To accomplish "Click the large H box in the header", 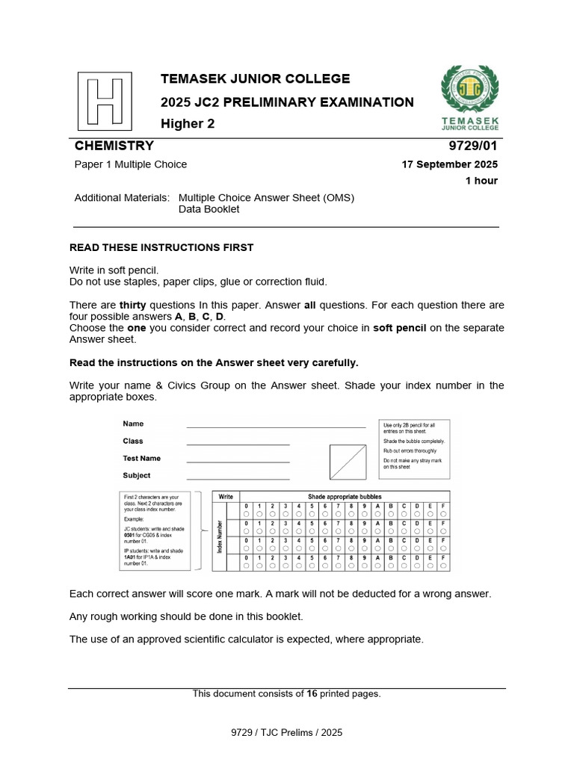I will [x=105, y=101].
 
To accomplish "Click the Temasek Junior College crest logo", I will [x=470, y=87].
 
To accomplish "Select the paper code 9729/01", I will [x=474, y=146].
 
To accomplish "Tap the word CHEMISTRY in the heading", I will [x=114, y=146].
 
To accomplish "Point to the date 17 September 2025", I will [x=450, y=164].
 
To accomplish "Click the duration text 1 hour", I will [x=481, y=181].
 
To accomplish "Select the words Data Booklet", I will [x=209, y=210].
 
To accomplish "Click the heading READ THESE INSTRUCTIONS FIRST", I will [x=161, y=247].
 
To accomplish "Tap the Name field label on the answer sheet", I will [x=133, y=424].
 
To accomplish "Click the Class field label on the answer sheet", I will [x=133, y=441].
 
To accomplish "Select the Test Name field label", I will [x=141, y=458].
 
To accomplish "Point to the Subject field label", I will [x=136, y=475].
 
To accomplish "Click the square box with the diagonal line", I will [x=348, y=462].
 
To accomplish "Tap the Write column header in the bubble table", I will [x=226, y=497].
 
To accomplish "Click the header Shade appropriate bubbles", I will [x=345, y=497].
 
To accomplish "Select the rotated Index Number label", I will [x=219, y=537].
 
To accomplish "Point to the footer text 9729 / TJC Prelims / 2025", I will [x=286, y=733].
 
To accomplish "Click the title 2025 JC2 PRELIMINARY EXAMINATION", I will [x=287, y=102].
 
